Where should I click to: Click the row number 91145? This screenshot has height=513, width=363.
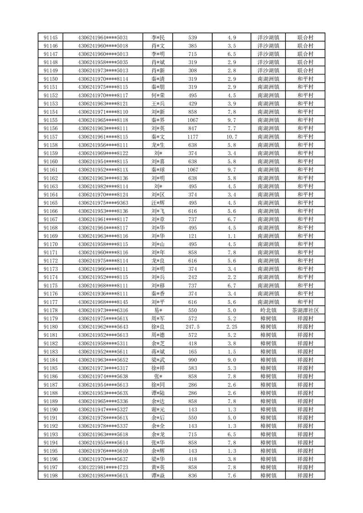click(x=50, y=37)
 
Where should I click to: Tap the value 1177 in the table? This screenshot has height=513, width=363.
click(x=192, y=137)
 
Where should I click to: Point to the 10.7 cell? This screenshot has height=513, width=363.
click(x=231, y=137)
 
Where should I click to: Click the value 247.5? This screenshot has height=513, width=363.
click(x=192, y=327)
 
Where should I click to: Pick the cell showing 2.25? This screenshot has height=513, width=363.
click(x=231, y=327)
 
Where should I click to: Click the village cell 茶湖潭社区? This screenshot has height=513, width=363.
click(x=305, y=310)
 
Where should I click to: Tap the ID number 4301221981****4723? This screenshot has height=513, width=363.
click(x=103, y=467)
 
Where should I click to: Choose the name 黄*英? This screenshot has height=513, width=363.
click(x=158, y=467)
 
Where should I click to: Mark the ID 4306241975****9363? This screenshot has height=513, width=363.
click(x=103, y=203)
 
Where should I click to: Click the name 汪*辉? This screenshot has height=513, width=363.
click(x=158, y=203)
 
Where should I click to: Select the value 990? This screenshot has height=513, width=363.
click(x=192, y=360)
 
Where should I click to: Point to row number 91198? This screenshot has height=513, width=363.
click(x=50, y=476)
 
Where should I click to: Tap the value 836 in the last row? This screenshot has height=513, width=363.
click(x=192, y=476)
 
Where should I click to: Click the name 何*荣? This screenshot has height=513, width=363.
click(x=158, y=96)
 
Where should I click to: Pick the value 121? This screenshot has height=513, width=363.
click(x=192, y=236)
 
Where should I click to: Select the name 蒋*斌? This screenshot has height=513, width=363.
click(x=158, y=352)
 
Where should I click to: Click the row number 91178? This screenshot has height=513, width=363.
click(x=50, y=310)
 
